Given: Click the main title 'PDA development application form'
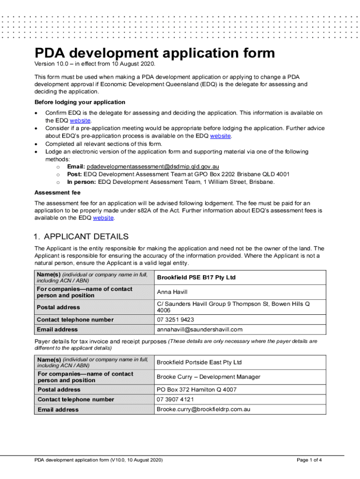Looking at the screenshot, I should tap(154, 53).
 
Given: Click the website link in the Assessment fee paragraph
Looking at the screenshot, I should tap(103, 218).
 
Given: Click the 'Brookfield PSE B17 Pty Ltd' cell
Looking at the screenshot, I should tap(196, 277).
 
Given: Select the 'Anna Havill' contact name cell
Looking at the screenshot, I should tap(172, 292).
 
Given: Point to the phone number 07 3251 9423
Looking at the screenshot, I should tap(175, 319).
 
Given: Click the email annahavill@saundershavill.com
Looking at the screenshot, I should tap(200, 330).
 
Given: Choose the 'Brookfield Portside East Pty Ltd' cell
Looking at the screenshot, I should tap(199, 362).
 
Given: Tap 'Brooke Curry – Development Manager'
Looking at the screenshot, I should tap(208, 377).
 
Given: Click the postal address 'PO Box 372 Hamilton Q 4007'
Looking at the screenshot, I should tap(196, 390).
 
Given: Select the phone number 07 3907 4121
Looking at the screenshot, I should tap(175, 399).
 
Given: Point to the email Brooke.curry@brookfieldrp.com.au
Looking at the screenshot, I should tap(203, 409).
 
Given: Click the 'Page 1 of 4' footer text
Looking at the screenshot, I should tap(309, 460).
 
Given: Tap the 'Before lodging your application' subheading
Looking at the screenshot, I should tap(79, 102).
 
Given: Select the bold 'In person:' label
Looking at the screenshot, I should tap(82, 181).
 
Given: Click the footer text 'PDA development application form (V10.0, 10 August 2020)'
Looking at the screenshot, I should tap(99, 460).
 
